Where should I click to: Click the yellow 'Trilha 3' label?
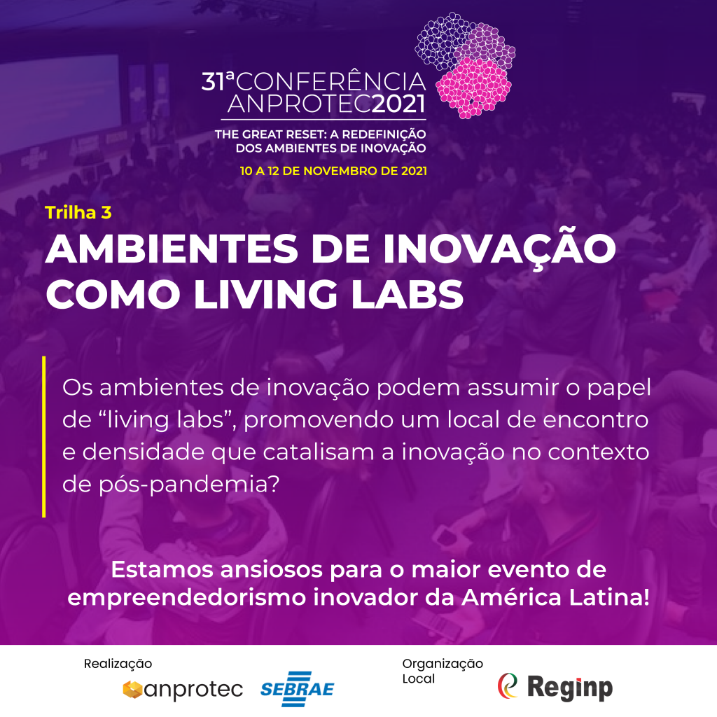78,213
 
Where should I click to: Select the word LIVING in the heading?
265,295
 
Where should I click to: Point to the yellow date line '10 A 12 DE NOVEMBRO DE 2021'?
333,171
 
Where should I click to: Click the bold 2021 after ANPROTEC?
398,104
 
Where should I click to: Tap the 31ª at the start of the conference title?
218,81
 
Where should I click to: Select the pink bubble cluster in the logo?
473,88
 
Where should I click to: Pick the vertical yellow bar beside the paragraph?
44,437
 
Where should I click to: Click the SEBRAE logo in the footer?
297,689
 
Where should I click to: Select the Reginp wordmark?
570,688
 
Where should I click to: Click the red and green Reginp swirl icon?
508,685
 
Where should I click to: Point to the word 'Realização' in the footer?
118,664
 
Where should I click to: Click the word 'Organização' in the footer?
443,664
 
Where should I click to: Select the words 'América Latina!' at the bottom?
555,598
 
